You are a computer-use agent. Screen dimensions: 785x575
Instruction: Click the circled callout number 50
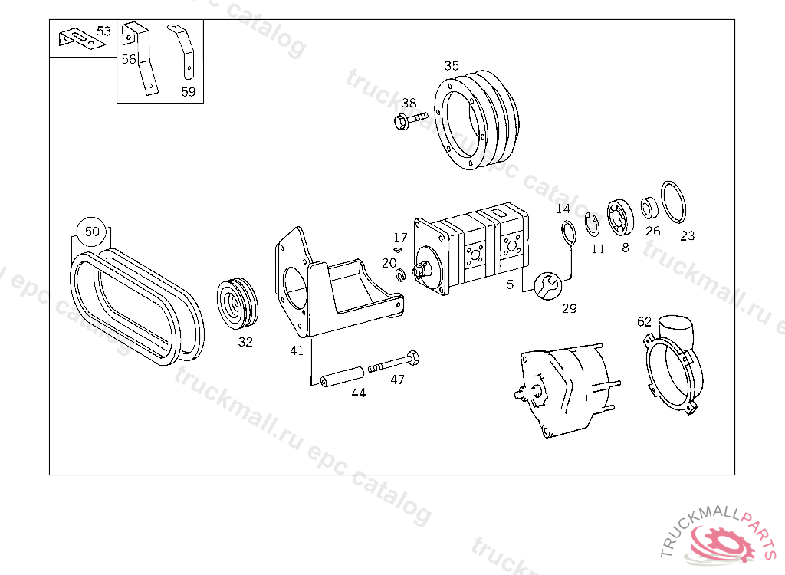click(92, 232)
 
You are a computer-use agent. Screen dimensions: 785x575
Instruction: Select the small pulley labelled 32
click(238, 304)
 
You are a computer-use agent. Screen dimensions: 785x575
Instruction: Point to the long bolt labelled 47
click(394, 363)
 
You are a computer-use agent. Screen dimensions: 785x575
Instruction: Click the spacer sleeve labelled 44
click(342, 376)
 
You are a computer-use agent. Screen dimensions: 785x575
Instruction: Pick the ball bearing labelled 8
click(620, 218)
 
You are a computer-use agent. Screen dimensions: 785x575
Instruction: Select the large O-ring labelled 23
click(673, 202)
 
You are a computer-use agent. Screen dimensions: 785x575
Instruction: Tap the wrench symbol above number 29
click(548, 286)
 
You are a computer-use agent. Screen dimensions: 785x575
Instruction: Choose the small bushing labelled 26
click(649, 208)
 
